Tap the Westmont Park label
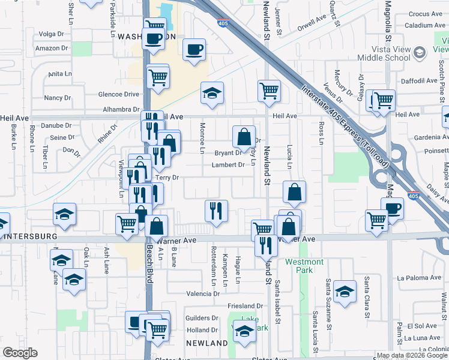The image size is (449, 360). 304,266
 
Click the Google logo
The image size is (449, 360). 20,353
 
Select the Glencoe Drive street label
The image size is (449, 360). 119,94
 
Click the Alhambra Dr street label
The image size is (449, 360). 121,109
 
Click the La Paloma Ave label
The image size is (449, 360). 419,277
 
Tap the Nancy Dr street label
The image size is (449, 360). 58,97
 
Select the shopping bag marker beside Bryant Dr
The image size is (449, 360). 244,137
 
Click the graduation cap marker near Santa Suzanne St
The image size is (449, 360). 345,292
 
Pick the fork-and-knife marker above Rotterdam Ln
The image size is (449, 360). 216,211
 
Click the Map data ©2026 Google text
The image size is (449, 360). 411,355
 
